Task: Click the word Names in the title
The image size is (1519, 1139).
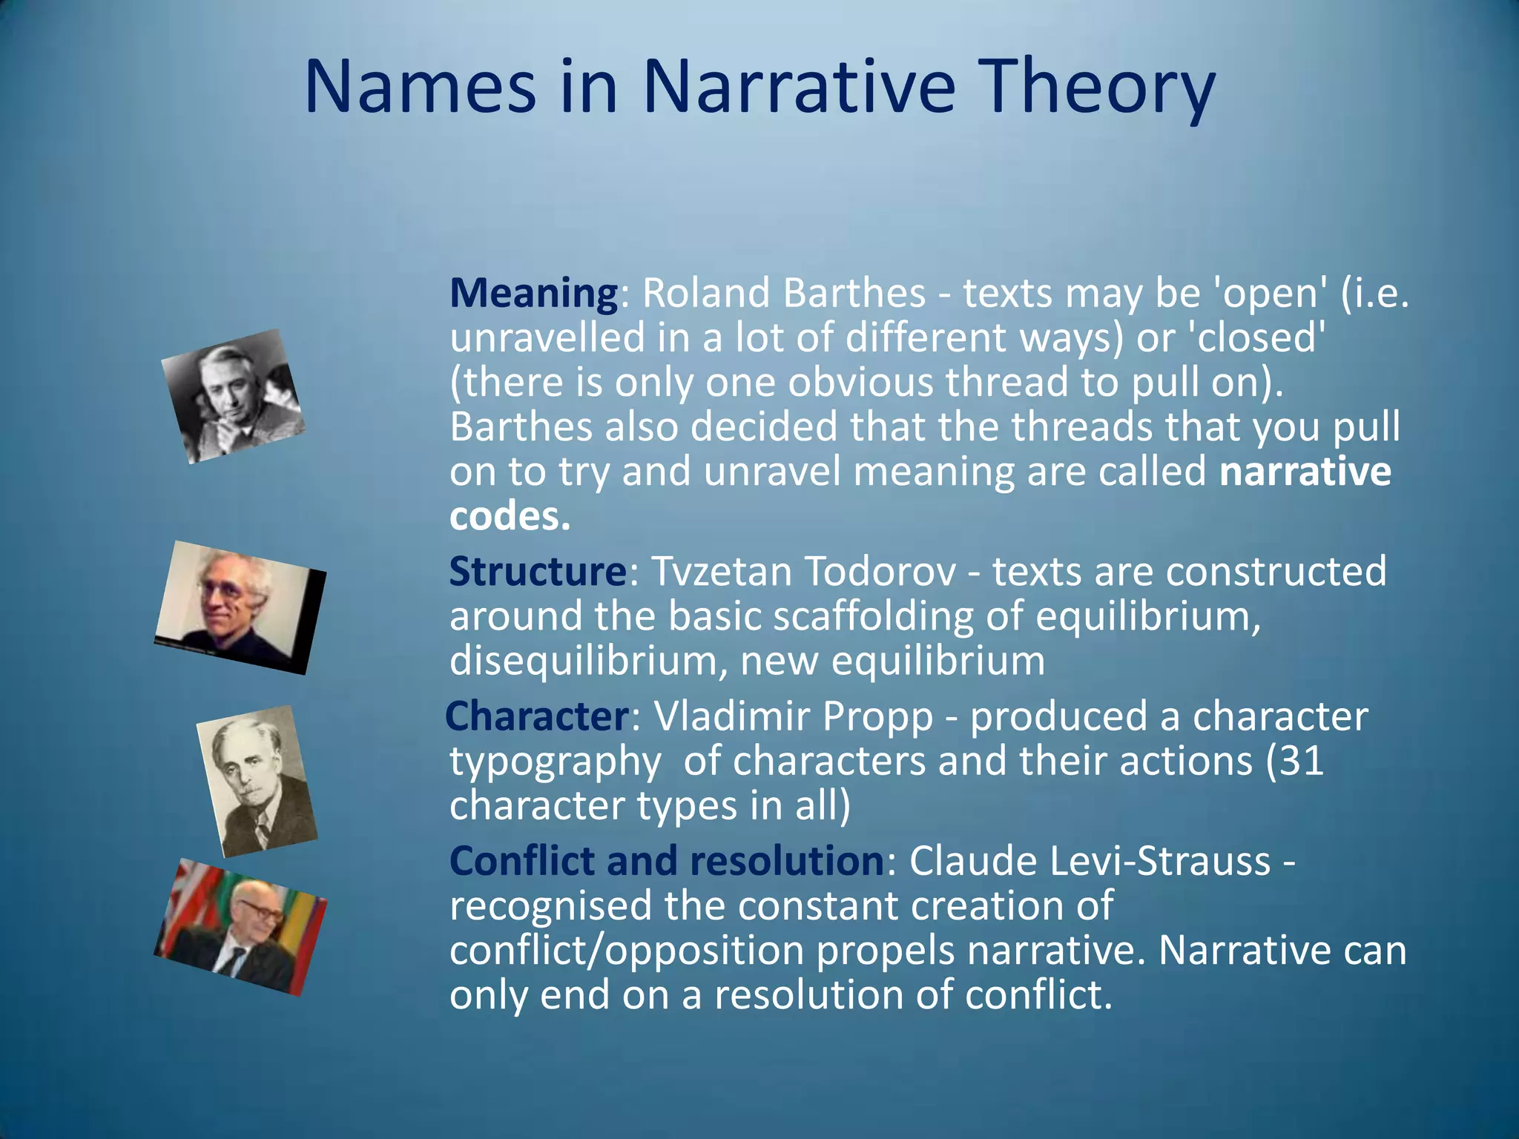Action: pyautogui.click(x=420, y=88)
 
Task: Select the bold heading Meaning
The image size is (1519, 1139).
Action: pyautogui.click(x=533, y=293)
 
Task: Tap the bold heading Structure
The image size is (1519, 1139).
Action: pyautogui.click(x=538, y=572)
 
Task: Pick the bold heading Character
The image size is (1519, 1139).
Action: pyautogui.click(x=537, y=716)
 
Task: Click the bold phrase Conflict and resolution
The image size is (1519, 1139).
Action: pyautogui.click(x=666, y=861)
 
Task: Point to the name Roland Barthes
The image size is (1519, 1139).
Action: pyautogui.click(x=783, y=293)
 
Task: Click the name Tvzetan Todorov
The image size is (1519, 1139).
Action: pyautogui.click(x=803, y=572)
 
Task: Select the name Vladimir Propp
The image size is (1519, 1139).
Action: pyautogui.click(x=793, y=716)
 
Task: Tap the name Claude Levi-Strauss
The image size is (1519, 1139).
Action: pyautogui.click(x=1090, y=861)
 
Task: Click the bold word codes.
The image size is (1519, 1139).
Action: pyautogui.click(x=509, y=517)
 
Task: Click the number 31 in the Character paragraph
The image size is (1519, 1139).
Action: pyautogui.click(x=1301, y=761)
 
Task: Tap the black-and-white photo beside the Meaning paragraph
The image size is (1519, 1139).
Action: pyautogui.click(x=233, y=397)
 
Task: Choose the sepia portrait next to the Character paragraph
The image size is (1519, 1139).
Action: pyautogui.click(x=257, y=780)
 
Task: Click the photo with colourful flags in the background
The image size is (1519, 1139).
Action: pyautogui.click(x=240, y=928)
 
